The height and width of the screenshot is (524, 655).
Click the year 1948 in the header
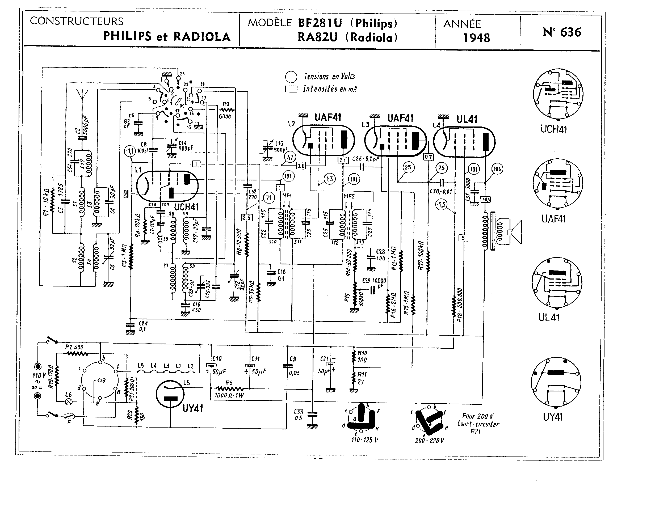[x=476, y=38]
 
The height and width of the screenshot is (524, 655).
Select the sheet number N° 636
[x=562, y=32]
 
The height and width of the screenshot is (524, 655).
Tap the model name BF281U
[x=320, y=23]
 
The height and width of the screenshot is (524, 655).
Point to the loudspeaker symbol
[x=515, y=232]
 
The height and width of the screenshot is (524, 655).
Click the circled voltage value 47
[x=290, y=157]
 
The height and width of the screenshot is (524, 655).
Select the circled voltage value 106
[x=497, y=169]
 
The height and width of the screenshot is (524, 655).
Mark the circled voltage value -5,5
[x=441, y=204]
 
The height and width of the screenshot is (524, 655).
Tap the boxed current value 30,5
[x=485, y=199]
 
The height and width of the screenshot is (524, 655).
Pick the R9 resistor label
[x=226, y=104]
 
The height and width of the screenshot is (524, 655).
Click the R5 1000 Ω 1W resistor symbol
[x=229, y=388]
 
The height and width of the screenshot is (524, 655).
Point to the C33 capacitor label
[x=298, y=415]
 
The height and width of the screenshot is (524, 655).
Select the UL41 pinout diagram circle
[x=557, y=283]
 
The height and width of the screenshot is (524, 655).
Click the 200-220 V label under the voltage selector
[x=429, y=441]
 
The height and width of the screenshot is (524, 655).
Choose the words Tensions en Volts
[x=329, y=76]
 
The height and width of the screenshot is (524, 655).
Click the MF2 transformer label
[x=349, y=196]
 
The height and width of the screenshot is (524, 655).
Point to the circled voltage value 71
[x=268, y=198]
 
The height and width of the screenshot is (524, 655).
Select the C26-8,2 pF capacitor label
[x=366, y=159]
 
